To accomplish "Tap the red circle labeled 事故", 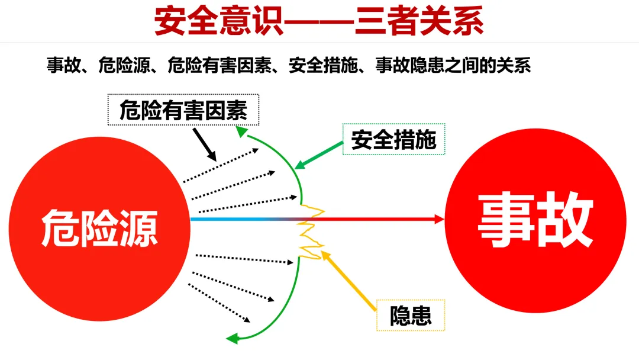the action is [x=535, y=219].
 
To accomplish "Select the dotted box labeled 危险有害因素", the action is [x=183, y=110].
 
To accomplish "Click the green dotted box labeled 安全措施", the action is [x=393, y=140].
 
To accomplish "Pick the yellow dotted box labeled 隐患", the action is [x=411, y=315].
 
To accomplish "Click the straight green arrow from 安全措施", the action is [x=319, y=153].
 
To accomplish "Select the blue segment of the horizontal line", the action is [x=237, y=219].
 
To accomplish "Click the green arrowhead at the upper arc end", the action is [x=241, y=131].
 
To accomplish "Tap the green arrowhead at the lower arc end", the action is [x=233, y=339].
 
